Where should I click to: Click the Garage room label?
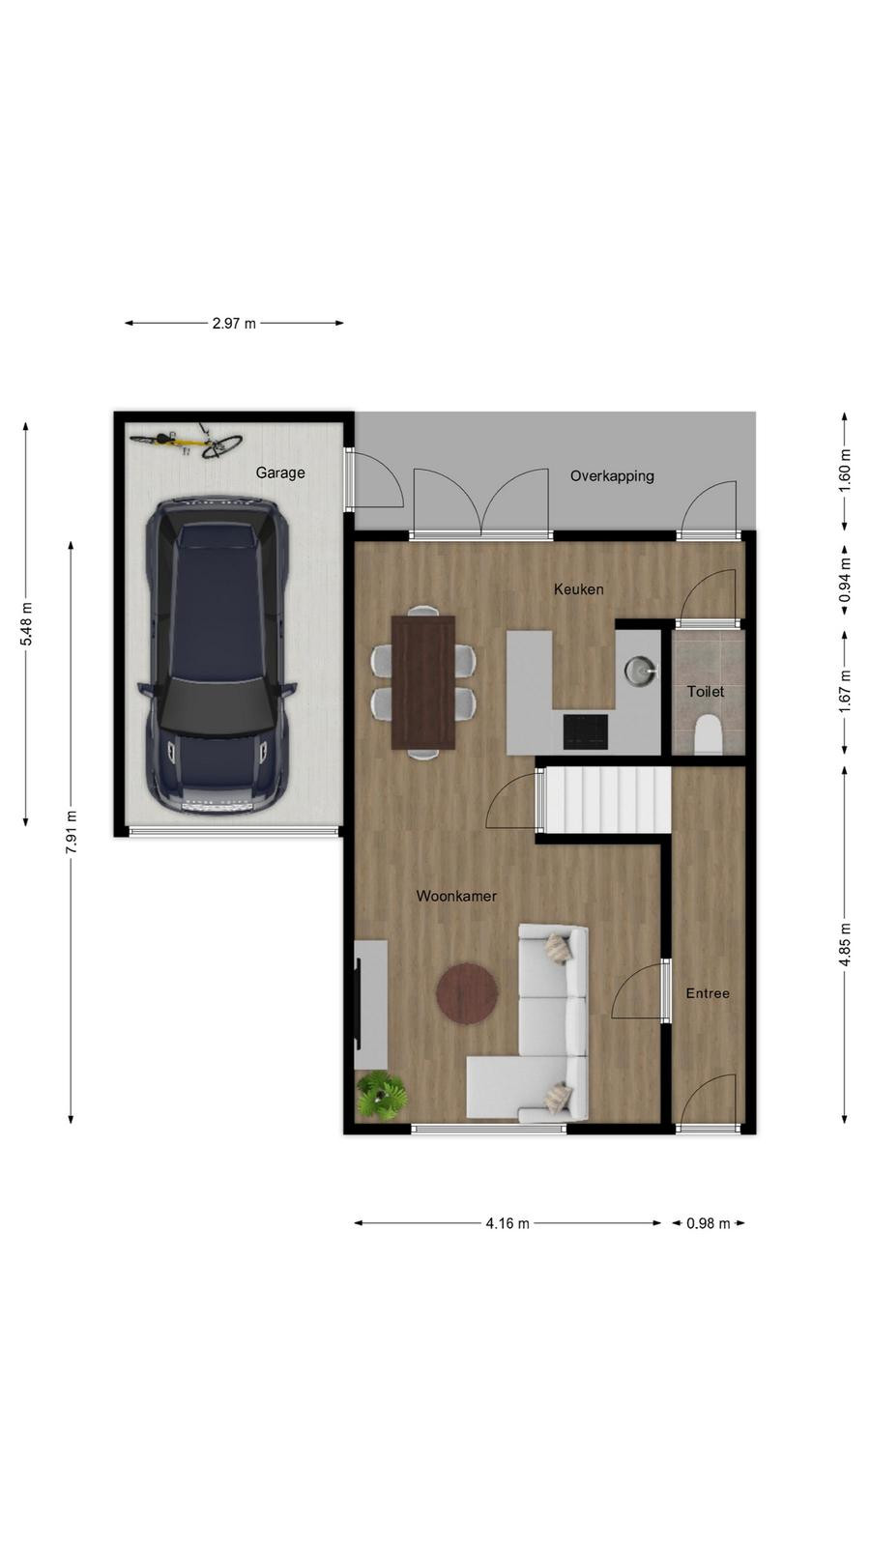point(279,472)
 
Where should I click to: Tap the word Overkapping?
point(612,476)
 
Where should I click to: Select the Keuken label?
point(579,588)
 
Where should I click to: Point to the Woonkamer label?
point(456,896)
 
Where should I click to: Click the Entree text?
point(708,993)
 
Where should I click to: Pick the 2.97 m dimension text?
point(234,323)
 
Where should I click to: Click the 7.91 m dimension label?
point(72,832)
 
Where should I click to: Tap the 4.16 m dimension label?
point(507,1223)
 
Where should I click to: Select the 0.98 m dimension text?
point(708,1223)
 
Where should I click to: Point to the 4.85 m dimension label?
point(845,944)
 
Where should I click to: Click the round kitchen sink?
point(639,670)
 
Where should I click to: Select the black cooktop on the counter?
point(586,731)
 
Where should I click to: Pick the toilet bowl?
point(707,734)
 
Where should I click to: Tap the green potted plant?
point(381,1095)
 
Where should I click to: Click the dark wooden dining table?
point(423,682)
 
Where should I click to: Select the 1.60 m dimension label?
point(845,471)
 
